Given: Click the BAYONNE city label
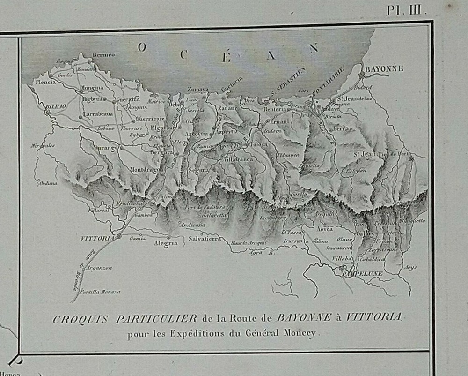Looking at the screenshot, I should (x=384, y=69).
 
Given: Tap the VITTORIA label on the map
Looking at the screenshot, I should (x=97, y=238).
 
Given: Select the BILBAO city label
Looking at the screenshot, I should (x=55, y=107).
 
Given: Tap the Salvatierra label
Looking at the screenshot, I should (x=205, y=239).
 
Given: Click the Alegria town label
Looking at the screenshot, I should (x=166, y=243).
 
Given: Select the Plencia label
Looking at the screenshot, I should (x=45, y=82).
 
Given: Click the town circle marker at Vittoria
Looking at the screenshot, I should (x=119, y=236).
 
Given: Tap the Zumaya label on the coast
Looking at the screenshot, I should (x=198, y=89).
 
